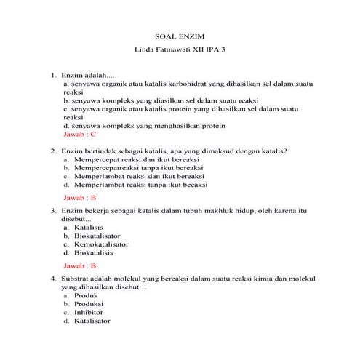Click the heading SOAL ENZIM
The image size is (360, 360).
(180, 35)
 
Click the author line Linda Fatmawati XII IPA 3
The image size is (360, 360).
(180, 52)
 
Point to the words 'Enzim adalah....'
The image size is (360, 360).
(84, 75)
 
